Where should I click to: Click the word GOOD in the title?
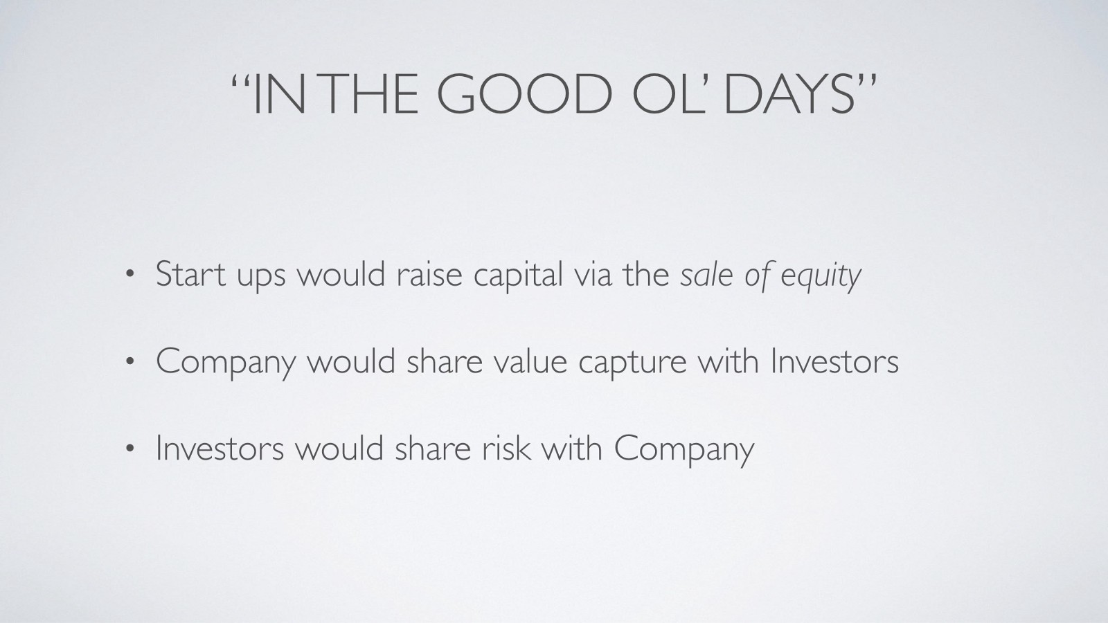click(524, 94)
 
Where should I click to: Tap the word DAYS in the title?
click(789, 94)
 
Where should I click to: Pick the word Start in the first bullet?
click(191, 274)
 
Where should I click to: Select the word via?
click(593, 275)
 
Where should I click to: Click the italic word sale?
click(706, 275)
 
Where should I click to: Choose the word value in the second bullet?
click(530, 362)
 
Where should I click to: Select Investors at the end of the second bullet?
click(835, 361)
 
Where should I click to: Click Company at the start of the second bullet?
click(226, 364)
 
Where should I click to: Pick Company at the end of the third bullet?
click(684, 451)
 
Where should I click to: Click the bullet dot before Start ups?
click(129, 275)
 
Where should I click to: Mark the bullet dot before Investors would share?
click(129, 449)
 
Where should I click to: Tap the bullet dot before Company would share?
click(129, 362)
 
